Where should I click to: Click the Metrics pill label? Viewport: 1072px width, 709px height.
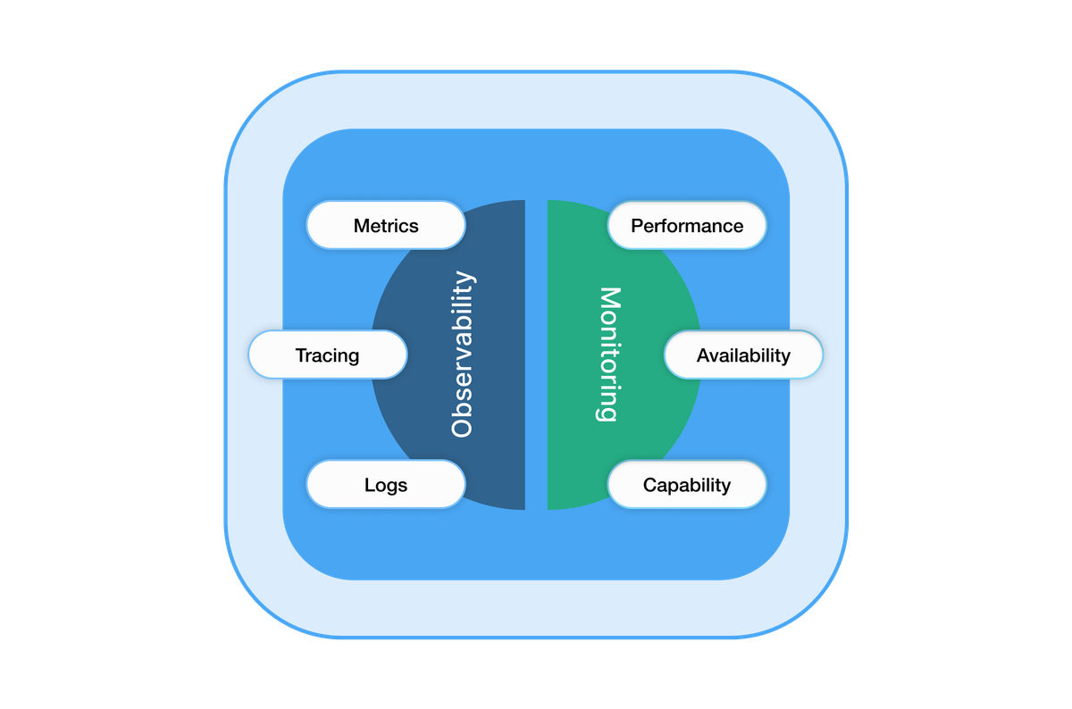(x=386, y=226)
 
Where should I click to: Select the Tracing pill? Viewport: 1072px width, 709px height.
(x=327, y=355)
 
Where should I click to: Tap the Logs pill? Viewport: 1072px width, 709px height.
(x=386, y=485)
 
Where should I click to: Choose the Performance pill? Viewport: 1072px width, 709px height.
(x=687, y=226)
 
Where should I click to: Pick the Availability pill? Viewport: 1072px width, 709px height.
(x=743, y=355)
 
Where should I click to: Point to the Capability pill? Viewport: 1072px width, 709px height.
(x=687, y=485)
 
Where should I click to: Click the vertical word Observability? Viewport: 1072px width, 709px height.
(x=461, y=354)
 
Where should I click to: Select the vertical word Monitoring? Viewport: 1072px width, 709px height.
(x=608, y=354)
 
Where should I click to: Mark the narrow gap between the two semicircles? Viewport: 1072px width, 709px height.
(x=536, y=354)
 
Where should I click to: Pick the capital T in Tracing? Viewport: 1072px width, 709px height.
(x=301, y=355)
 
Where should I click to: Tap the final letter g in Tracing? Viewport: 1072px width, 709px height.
(x=353, y=357)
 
